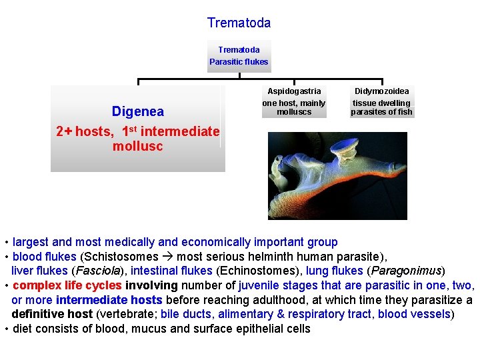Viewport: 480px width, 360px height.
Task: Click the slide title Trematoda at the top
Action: point(239,23)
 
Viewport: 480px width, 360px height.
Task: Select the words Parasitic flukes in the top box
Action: point(239,62)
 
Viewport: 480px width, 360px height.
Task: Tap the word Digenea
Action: point(137,111)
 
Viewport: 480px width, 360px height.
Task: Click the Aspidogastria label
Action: point(294,91)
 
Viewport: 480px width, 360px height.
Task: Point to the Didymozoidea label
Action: point(382,91)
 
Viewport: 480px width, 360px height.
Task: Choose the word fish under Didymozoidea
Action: point(404,112)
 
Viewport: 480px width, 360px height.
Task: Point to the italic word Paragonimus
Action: point(405,271)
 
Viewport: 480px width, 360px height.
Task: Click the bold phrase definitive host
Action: point(52,314)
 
